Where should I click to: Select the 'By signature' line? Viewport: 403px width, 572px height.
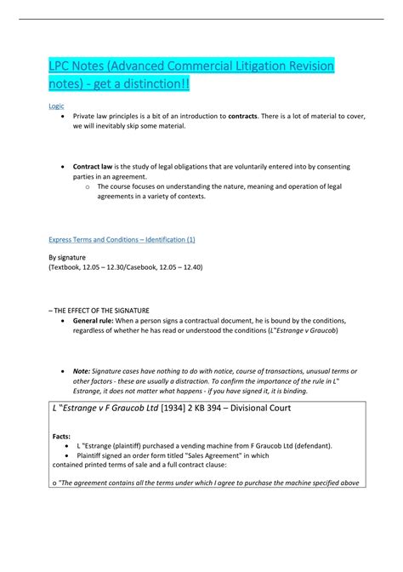(x=67, y=256)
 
